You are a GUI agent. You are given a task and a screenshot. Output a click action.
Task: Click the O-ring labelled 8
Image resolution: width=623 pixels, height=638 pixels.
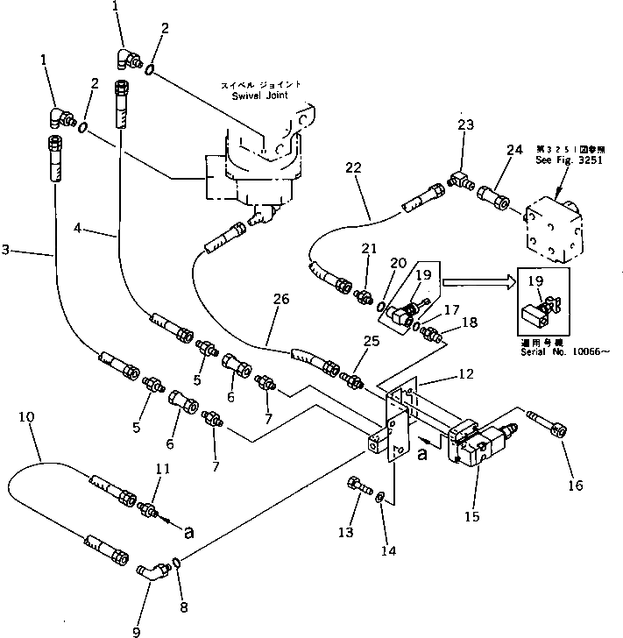click(178, 562)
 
